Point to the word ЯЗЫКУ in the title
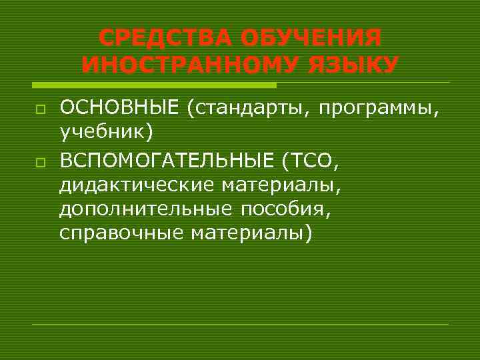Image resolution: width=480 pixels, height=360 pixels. tap(351, 65)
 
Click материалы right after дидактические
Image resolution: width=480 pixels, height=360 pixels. tap(279, 183)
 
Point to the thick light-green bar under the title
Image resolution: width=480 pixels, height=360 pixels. tap(154, 85)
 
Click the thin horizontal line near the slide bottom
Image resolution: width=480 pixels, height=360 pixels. tap(240, 324)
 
